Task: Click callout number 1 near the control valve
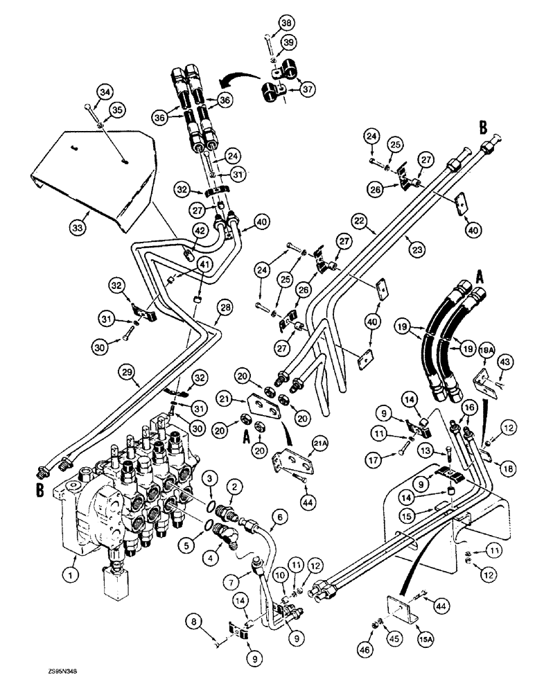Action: (69, 574)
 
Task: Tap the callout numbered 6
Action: (280, 516)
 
